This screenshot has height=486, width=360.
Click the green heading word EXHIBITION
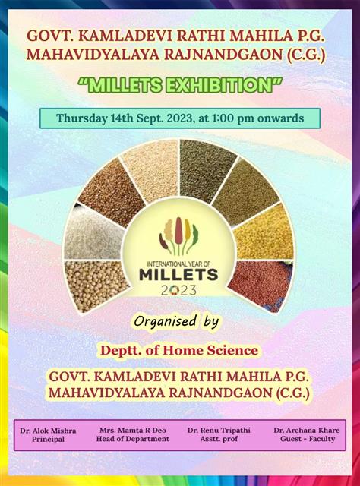coord(219,85)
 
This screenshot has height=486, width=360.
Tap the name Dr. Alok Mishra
coord(48,431)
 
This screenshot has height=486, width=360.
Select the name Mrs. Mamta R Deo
coord(133,431)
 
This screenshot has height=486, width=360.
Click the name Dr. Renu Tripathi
coord(219,431)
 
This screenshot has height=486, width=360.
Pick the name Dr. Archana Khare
coord(307,431)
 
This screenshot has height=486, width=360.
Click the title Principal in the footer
coord(48,439)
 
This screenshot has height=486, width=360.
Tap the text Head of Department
coord(133,439)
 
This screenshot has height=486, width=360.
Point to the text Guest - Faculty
coord(308,439)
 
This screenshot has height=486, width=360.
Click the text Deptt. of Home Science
coord(179,351)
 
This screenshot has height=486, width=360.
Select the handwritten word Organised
coord(166,322)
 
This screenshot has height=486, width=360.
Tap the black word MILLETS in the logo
coord(178,275)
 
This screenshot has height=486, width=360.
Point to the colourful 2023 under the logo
coord(178,290)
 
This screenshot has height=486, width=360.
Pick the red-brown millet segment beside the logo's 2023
coord(262,286)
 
